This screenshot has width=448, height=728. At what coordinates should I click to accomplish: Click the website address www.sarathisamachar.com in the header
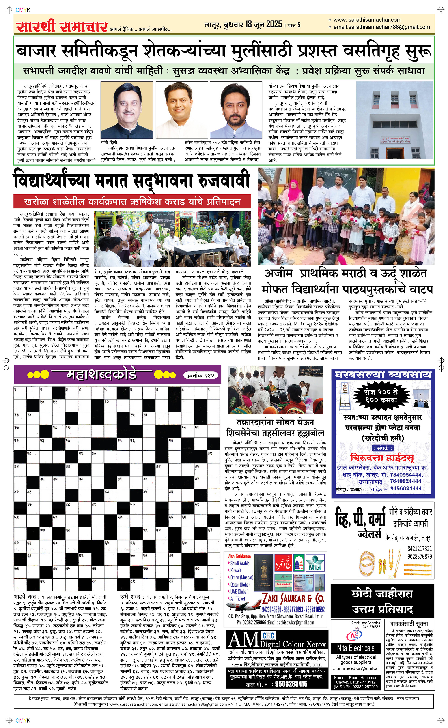coord(367,20)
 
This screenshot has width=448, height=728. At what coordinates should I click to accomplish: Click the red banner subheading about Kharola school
coord(132,202)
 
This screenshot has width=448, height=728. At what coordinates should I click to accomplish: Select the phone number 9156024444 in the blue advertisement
coord(406,488)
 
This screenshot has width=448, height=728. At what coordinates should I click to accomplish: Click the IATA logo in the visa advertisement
coord(315,563)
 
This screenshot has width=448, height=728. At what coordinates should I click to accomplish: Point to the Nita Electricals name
coord(355,648)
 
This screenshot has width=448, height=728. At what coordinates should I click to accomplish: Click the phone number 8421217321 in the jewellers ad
coord(419,548)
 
